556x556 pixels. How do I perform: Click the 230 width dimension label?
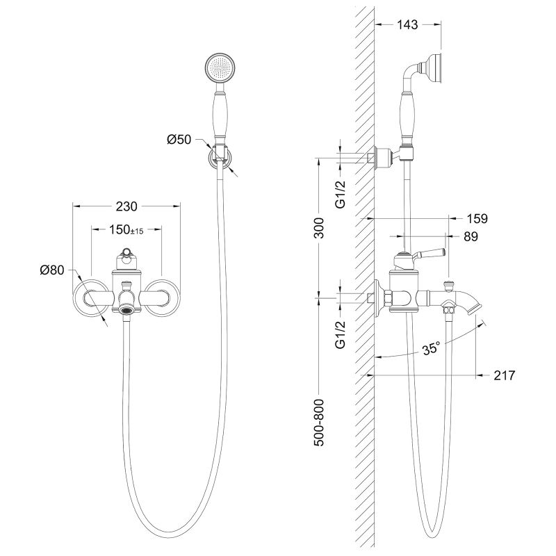(126, 206)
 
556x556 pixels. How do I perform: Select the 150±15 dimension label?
(126, 230)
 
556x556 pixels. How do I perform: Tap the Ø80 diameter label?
(52, 270)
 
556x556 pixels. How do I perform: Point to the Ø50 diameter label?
(179, 140)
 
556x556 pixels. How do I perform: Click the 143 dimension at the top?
(407, 24)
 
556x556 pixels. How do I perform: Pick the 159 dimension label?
(477, 218)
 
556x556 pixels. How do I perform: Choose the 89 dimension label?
(471, 236)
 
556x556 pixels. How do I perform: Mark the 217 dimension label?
(505, 375)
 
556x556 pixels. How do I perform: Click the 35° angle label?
(431, 349)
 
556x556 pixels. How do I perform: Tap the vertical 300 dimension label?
(319, 228)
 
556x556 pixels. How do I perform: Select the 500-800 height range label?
(319, 423)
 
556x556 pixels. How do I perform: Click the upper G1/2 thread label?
(341, 194)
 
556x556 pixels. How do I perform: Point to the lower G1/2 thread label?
(341, 335)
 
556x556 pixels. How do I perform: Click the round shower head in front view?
(220, 67)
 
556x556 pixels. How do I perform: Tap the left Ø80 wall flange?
(90, 297)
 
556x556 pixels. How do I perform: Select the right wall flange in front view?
(163, 297)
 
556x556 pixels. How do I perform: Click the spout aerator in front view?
(126, 311)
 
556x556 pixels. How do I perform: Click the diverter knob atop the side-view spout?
(449, 285)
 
